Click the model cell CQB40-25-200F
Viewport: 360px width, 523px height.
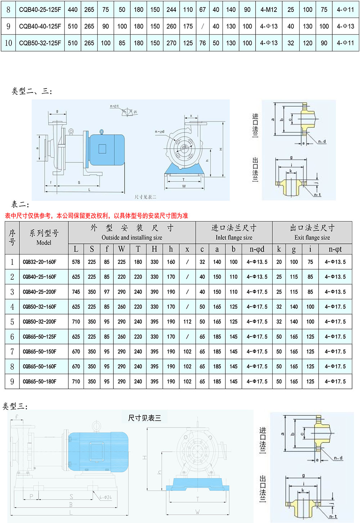coord(40,292)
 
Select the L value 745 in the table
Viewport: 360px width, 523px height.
coord(76,292)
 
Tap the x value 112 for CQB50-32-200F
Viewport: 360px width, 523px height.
coord(187,322)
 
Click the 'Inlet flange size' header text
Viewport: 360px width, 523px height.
coord(234,238)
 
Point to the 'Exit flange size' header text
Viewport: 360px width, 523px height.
coord(312,238)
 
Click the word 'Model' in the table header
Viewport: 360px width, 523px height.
coord(44,243)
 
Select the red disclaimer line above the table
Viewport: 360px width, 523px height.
coord(96,216)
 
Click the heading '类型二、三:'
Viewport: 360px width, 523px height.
coord(32,91)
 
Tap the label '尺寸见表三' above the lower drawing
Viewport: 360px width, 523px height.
coord(145,418)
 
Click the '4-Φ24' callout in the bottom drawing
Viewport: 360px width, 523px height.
coord(105,497)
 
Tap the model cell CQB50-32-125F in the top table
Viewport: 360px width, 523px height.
coord(40,43)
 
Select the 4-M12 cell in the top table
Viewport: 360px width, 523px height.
coord(269,10)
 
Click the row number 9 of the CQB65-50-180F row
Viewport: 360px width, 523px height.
coord(12,382)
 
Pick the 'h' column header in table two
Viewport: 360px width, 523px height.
coord(171,249)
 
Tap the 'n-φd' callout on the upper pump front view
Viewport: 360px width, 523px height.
coord(159,132)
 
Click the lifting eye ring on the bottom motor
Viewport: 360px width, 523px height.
coord(96,426)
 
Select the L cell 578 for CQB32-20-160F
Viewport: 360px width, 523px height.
coord(76,262)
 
